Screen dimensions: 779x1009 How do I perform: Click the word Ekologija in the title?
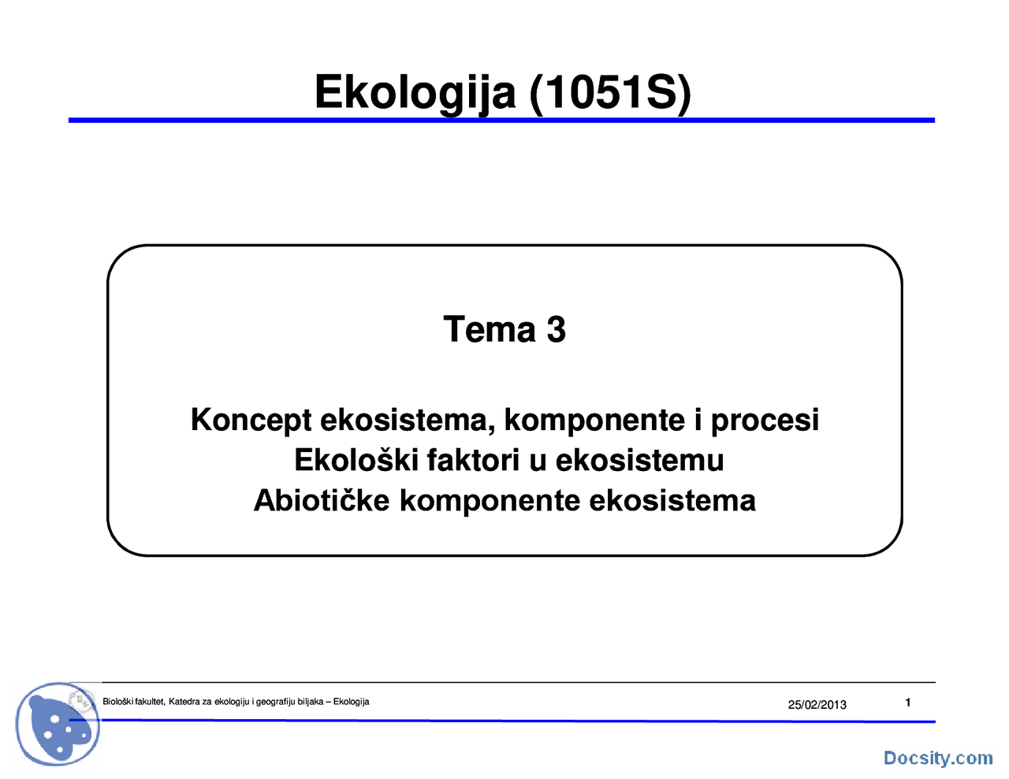[415, 93]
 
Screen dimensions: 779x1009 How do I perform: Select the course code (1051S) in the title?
[610, 93]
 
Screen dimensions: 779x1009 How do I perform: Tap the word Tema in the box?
[489, 329]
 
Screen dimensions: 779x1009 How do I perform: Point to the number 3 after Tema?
[557, 329]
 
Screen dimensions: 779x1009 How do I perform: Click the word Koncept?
[251, 420]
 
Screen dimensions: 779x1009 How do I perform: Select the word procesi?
[765, 420]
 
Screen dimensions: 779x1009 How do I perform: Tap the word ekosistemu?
[639, 460]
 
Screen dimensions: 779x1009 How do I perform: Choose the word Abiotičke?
[322, 500]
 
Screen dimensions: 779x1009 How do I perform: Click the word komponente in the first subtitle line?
[594, 420]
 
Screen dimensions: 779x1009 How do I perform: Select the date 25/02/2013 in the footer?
[817, 705]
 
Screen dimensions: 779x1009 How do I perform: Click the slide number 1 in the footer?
[908, 703]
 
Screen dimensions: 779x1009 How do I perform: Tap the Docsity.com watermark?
[937, 758]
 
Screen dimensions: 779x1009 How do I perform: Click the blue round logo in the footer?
[57, 724]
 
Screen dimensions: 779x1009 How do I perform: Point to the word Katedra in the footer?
[185, 702]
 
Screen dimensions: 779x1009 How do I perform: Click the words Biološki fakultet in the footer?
[133, 702]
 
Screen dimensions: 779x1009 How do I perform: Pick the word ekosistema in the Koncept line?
[408, 420]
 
